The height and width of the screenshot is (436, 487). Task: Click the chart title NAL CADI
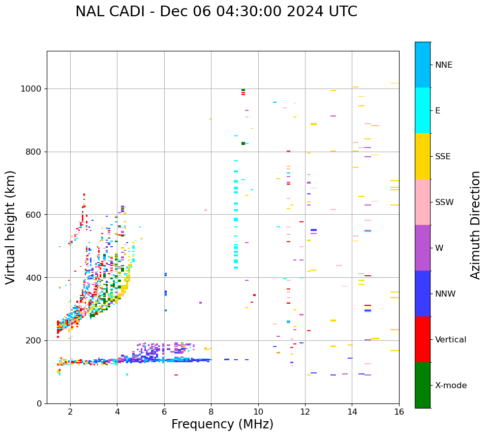(x=111, y=12)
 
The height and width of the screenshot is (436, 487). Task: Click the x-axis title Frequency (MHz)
(x=222, y=424)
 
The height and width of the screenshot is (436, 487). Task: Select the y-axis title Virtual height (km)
(x=11, y=227)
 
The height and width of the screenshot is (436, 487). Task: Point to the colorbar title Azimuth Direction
(x=475, y=225)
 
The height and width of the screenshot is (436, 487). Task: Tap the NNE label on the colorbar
(x=443, y=65)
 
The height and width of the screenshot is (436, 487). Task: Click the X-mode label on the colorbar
(x=450, y=386)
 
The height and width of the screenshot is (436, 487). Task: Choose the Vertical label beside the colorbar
(x=451, y=340)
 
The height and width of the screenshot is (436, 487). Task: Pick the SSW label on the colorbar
(x=444, y=202)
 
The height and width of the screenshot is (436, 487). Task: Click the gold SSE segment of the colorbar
(x=422, y=156)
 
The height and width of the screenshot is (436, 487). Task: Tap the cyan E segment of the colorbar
(x=422, y=110)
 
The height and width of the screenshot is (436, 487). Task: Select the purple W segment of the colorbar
(x=422, y=248)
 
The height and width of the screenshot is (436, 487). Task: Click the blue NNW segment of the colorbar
(x=422, y=294)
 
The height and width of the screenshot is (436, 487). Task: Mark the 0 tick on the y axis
(x=39, y=403)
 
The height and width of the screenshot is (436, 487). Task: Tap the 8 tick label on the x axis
(x=211, y=412)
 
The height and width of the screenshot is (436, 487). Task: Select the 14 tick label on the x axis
(x=352, y=412)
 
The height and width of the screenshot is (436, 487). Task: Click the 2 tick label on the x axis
(x=70, y=412)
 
